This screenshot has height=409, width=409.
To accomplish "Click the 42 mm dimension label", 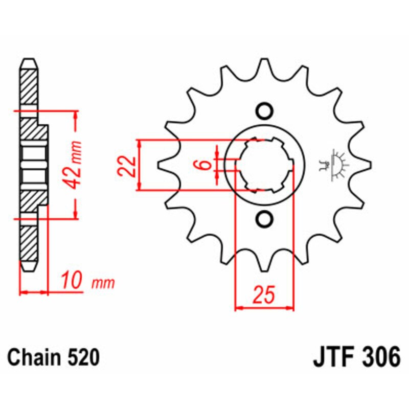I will pyautogui.click(x=75, y=164).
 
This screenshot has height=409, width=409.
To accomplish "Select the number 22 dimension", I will pyautogui.click(x=129, y=165).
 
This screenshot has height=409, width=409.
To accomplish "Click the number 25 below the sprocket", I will pyautogui.click(x=264, y=296).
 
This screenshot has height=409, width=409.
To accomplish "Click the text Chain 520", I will pyautogui.click(x=53, y=357).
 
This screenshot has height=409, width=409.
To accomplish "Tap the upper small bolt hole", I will pyautogui.click(x=264, y=111).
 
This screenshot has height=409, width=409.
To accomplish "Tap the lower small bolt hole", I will pyautogui.click(x=264, y=219).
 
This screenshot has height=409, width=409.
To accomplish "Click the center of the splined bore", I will pyautogui.click(x=264, y=165).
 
